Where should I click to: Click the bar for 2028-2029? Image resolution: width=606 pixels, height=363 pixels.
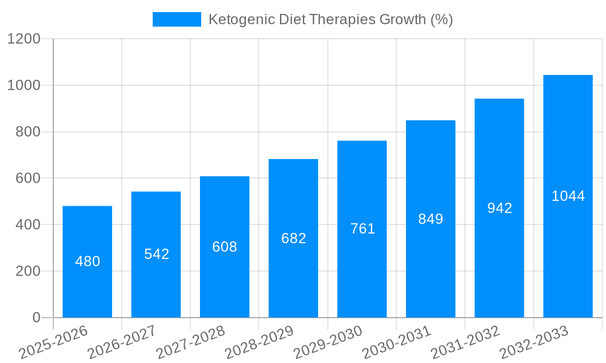[x=293, y=272]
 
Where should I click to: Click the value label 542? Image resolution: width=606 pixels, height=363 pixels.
[x=156, y=254]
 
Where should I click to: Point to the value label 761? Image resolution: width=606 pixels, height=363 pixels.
[x=362, y=229]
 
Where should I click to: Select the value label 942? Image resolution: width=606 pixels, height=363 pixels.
[x=499, y=208]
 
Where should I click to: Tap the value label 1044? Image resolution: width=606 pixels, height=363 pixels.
[x=568, y=196]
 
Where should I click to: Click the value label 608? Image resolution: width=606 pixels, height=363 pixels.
[x=225, y=247]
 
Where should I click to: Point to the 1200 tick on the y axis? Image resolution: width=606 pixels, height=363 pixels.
[x=23, y=39]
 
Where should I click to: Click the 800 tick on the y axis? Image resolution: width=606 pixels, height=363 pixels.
[x=28, y=132]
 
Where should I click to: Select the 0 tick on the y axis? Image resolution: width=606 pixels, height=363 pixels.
[x=36, y=318]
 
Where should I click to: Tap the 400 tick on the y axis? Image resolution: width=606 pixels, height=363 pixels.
[x=28, y=225]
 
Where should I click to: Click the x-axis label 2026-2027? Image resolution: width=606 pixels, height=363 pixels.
[x=122, y=342]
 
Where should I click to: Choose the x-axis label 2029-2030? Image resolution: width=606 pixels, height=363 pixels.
[x=328, y=342]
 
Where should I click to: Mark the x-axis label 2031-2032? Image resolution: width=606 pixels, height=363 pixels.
[x=465, y=342]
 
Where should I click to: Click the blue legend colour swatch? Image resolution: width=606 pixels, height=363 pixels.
[x=176, y=19]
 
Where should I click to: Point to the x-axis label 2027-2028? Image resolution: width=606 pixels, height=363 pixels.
[x=190, y=342]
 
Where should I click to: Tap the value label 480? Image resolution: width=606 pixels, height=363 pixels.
[x=87, y=261]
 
